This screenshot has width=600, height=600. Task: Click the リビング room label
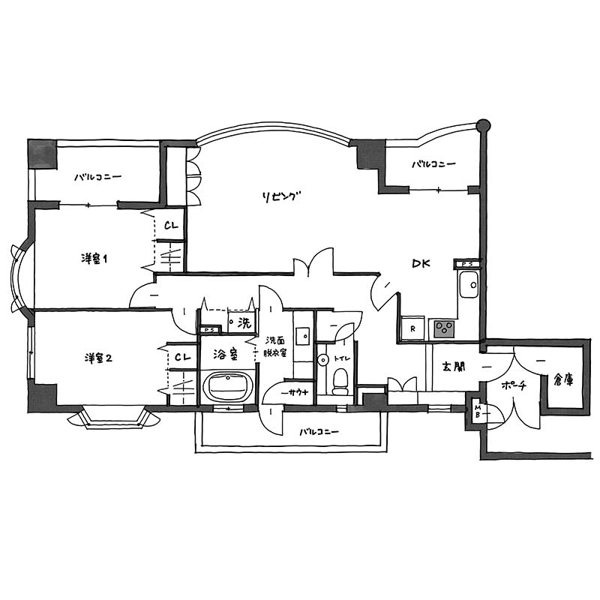point(280,196)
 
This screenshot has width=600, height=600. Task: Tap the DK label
point(421,263)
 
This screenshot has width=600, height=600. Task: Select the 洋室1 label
point(94,259)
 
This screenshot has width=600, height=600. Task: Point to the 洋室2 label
point(98,358)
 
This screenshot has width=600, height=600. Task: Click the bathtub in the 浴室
point(228,387)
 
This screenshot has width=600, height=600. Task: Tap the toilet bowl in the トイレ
point(340,381)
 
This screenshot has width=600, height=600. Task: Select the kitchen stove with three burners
point(444,329)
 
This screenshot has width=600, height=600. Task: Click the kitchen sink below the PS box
point(469,284)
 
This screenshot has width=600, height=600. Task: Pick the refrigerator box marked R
point(413,328)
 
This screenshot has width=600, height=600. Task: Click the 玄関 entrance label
point(454,367)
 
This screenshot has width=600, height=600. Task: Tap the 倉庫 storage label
point(564,379)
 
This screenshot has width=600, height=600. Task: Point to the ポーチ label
point(514,385)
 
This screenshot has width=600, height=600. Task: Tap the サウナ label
point(295,392)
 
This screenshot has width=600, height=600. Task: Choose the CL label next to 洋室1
point(171,226)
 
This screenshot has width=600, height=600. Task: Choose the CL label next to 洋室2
point(182,358)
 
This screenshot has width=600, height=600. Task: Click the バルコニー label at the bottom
point(319,432)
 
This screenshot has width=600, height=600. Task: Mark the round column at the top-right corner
point(483,125)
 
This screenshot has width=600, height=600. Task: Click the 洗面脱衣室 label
point(275,346)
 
